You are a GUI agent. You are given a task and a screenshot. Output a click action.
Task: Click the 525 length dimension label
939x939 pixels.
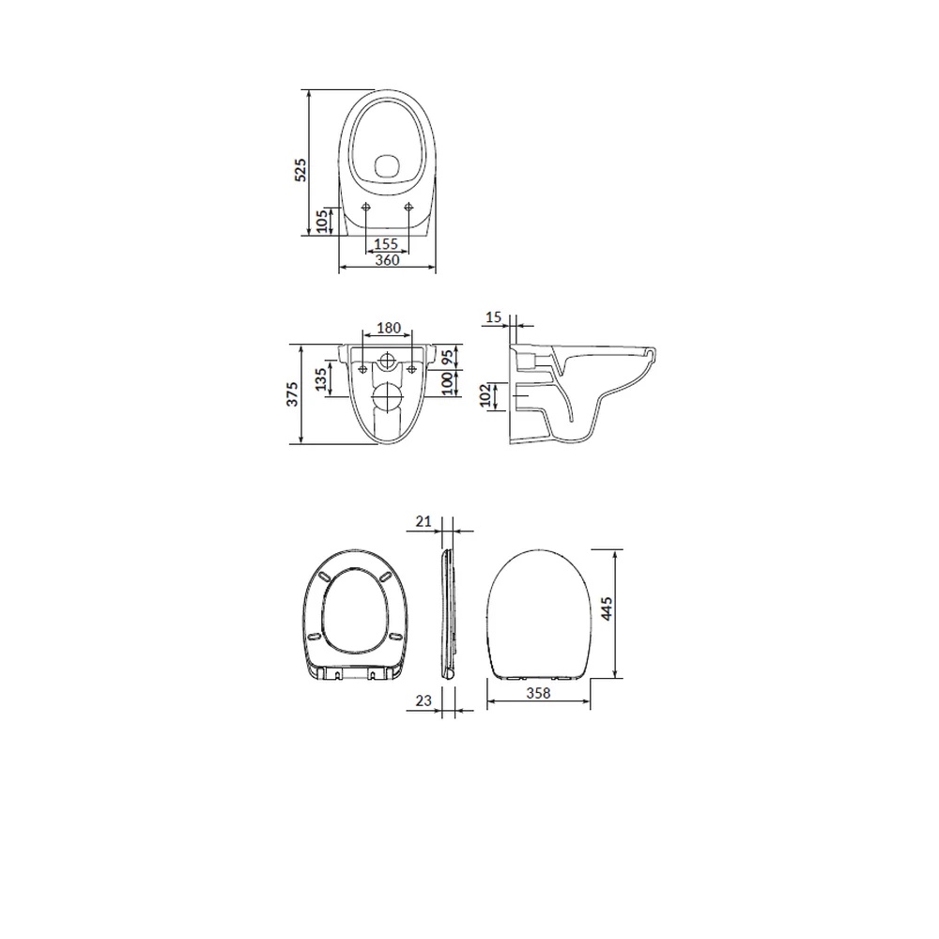coord(300,170)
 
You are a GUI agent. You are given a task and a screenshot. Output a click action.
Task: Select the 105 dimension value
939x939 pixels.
coord(322,221)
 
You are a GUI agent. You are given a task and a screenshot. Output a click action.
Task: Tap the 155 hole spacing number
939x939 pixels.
coord(386,244)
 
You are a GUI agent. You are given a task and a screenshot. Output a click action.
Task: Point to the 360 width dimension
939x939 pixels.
coord(388,260)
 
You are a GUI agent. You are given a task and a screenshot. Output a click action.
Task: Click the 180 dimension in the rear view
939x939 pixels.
coord(389,328)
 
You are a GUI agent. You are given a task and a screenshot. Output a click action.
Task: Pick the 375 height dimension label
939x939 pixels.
coord(292,394)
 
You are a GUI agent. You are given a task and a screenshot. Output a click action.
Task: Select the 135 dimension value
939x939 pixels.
coord(321,379)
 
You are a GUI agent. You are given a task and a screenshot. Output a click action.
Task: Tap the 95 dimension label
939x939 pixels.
coord(447,358)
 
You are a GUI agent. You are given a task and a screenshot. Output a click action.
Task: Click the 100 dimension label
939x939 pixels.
coord(447,384)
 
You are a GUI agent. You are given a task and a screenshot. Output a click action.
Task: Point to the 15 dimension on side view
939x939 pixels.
coord(494,316)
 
